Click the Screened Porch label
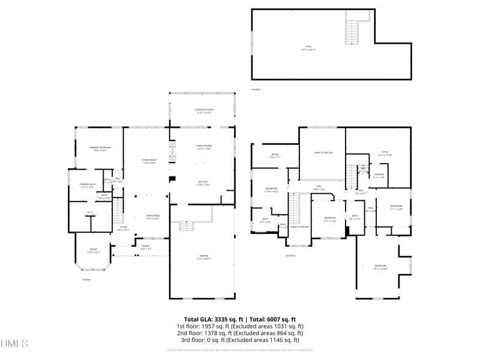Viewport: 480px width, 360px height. (204, 111)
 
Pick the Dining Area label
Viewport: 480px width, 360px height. (152, 217)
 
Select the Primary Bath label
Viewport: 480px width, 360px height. (88, 186)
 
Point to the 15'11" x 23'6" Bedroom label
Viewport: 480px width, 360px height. (381, 267)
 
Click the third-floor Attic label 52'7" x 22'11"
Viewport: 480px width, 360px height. (310, 48)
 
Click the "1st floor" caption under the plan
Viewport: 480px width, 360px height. (86, 280)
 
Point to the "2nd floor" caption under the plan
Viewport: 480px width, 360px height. (290, 256)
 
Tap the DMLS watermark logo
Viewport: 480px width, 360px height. (14, 344)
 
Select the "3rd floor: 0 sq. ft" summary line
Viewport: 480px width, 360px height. (240, 340)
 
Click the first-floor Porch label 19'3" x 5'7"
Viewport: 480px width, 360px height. (146, 247)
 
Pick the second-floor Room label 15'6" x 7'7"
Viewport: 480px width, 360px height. (275, 156)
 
